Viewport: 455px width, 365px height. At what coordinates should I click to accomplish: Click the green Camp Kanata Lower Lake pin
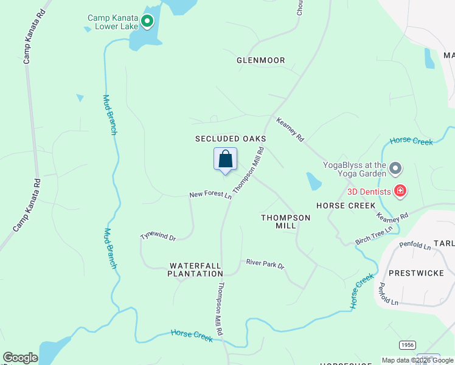(147, 23)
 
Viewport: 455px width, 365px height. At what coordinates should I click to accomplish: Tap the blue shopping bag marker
(225, 160)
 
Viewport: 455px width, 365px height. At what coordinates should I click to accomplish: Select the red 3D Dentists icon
(400, 192)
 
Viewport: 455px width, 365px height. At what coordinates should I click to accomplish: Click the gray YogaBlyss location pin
(395, 167)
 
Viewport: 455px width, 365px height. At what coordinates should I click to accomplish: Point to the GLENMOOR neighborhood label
(260, 60)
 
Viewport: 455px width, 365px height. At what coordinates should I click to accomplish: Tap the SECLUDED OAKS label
(231, 139)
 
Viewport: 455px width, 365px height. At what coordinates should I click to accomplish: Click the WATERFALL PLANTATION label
(196, 269)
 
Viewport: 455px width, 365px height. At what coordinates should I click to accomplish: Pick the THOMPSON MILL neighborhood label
(285, 221)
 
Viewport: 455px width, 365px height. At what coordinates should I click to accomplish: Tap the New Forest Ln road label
(210, 195)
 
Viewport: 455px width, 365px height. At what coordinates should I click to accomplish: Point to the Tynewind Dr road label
(158, 237)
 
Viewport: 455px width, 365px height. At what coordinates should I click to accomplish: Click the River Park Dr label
(265, 265)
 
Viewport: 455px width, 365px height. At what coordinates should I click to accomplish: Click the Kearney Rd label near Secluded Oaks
(290, 130)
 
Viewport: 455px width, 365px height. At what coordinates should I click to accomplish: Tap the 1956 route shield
(408, 345)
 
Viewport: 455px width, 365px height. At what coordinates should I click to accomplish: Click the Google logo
(20, 358)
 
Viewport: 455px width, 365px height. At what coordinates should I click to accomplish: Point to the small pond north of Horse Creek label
(314, 181)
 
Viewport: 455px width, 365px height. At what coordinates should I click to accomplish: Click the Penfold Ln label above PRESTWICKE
(415, 246)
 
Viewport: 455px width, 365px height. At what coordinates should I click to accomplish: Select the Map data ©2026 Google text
(417, 360)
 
